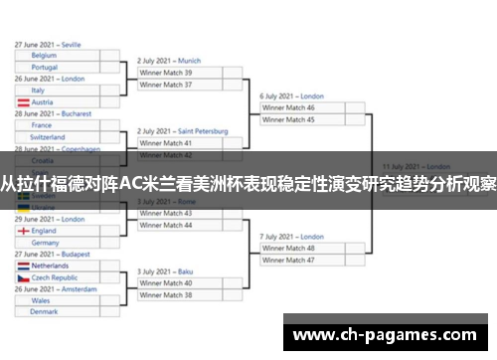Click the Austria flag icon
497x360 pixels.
click(23, 102)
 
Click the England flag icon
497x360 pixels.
click(23, 231)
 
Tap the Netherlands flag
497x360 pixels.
click(23, 267)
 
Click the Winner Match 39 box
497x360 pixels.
click(180, 73)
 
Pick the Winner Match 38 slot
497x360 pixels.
click(180, 295)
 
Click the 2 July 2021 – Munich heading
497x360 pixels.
click(169, 60)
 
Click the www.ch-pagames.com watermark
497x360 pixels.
click(388, 333)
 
